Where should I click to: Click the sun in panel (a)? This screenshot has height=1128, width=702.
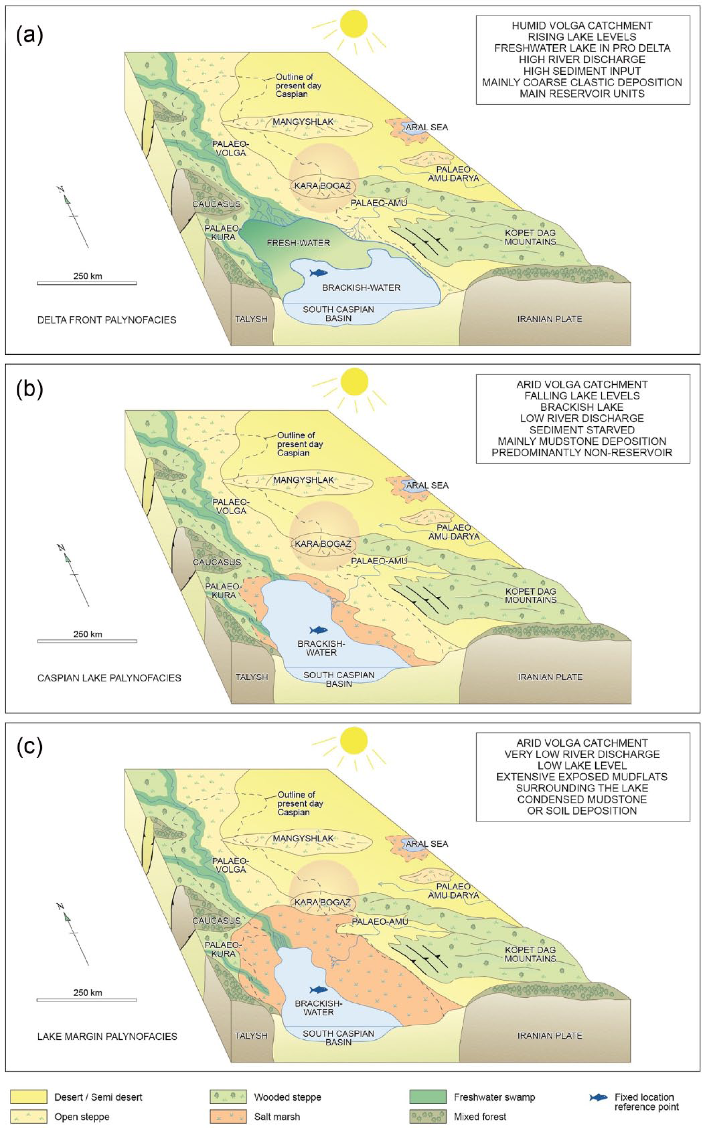(354, 24)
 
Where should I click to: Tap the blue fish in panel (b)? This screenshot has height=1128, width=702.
(319, 630)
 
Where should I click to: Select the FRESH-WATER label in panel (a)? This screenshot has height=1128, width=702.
(298, 243)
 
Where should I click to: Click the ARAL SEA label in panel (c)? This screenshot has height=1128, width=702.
(427, 843)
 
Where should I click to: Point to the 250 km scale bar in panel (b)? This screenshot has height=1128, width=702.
(87, 641)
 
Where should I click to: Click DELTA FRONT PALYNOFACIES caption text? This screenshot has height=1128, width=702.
(107, 319)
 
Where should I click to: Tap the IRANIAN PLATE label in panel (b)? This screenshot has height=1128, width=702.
(550, 677)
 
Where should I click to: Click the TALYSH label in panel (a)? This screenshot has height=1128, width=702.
(252, 319)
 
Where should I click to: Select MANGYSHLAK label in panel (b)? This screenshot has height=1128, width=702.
(303, 480)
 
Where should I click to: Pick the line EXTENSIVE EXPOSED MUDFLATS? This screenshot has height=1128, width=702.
(582, 776)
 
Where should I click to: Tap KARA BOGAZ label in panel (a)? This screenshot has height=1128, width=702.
(322, 186)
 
